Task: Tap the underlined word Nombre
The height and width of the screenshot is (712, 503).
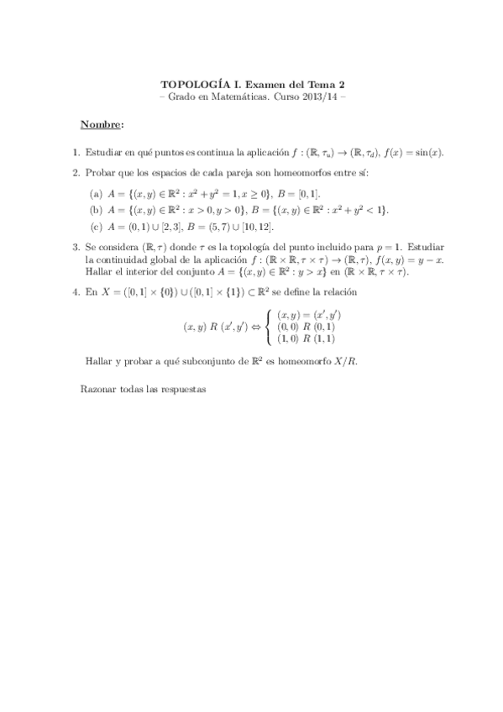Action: coord(101,125)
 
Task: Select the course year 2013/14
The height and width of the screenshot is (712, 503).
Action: coord(320,97)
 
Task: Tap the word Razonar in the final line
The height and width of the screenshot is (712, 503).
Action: coord(99,390)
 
